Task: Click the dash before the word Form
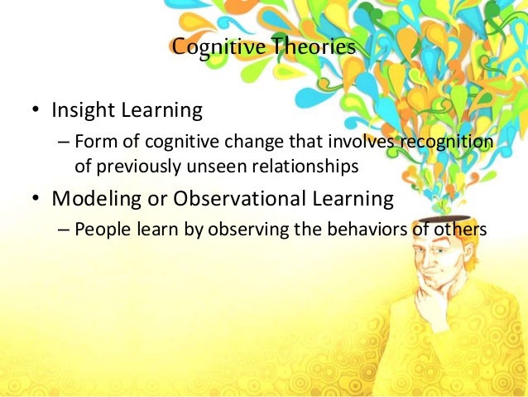click(64, 143)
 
